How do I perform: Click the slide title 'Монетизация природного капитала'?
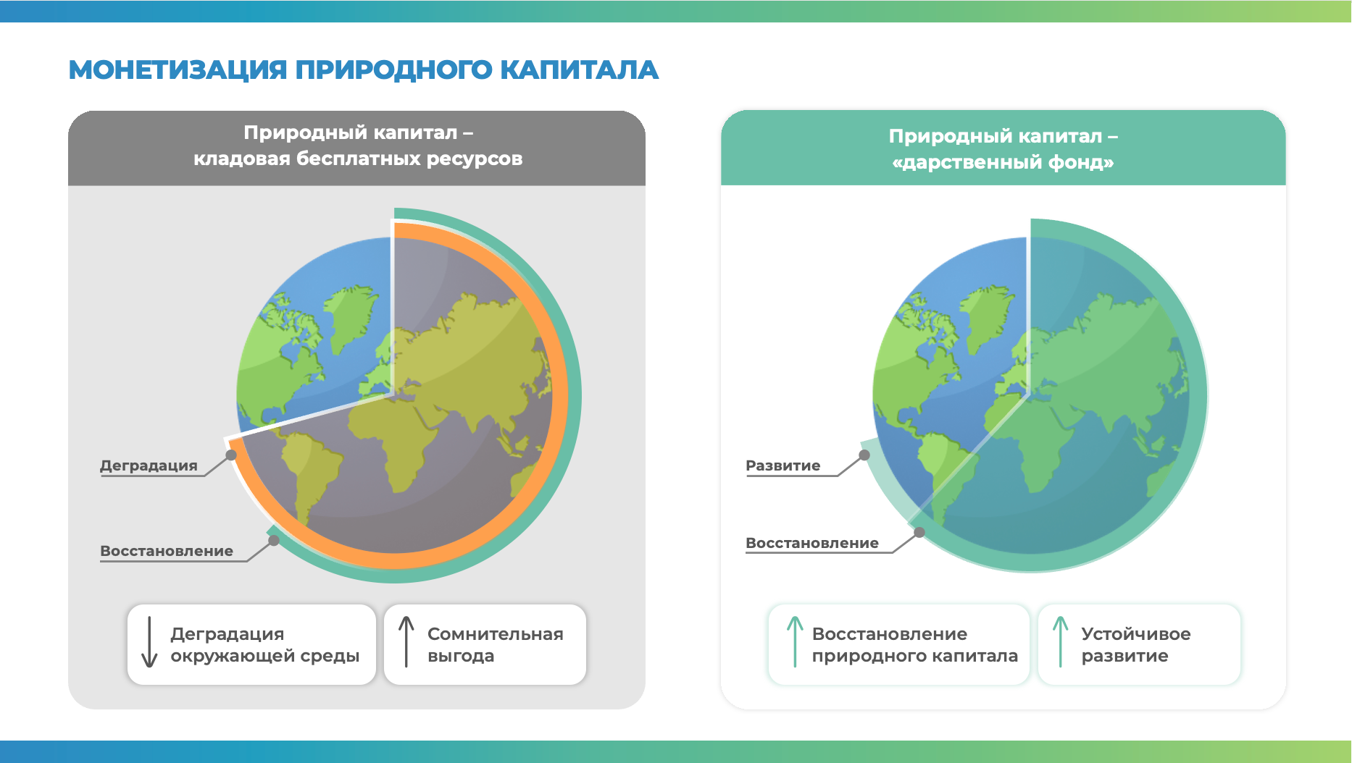pyautogui.click(x=363, y=70)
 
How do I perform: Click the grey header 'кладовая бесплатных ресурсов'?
pyautogui.click(x=358, y=159)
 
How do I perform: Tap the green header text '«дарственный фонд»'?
pyautogui.click(x=1003, y=162)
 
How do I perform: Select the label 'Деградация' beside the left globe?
pyautogui.click(x=149, y=465)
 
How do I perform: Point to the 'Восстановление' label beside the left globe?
pyautogui.click(x=167, y=551)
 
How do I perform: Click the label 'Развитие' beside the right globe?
pyautogui.click(x=783, y=465)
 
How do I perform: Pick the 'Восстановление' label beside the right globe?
pyautogui.click(x=812, y=543)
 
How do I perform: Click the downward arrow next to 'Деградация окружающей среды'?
pyautogui.click(x=149, y=641)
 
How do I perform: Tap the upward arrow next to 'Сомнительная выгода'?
pyautogui.click(x=406, y=641)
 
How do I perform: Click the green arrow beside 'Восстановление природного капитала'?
pyautogui.click(x=795, y=641)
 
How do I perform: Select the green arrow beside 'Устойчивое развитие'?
pyautogui.click(x=1061, y=641)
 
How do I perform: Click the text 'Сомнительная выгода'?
pyautogui.click(x=496, y=645)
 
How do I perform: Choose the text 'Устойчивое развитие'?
pyautogui.click(x=1136, y=645)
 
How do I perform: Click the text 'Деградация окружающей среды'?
pyautogui.click(x=265, y=645)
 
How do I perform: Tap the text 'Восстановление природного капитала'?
pyautogui.click(x=915, y=645)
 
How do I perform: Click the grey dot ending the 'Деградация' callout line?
pyautogui.click(x=231, y=455)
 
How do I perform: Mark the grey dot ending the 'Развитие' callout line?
pyautogui.click(x=864, y=455)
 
